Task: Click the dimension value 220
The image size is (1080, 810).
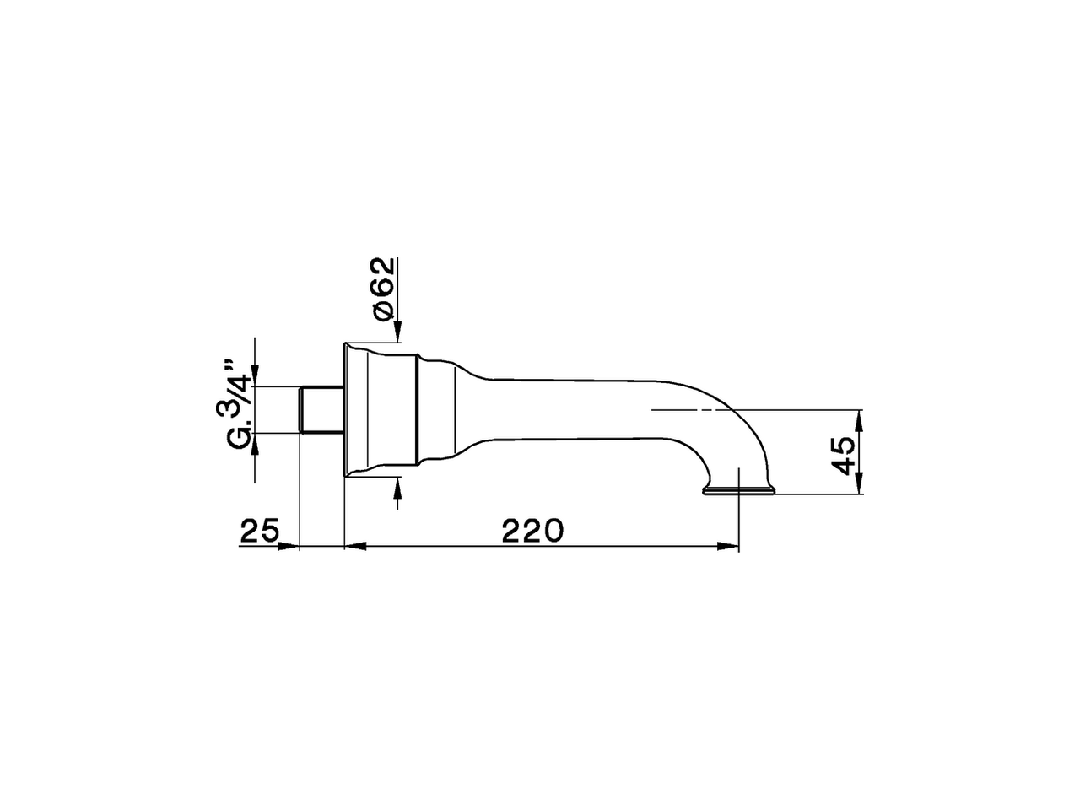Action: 532,532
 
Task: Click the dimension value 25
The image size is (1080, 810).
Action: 260,532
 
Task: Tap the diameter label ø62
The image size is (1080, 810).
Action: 382,288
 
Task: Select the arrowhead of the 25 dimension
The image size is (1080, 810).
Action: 290,547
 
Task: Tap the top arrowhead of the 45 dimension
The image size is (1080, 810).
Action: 859,418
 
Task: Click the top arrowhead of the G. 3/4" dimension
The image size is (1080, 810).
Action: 255,376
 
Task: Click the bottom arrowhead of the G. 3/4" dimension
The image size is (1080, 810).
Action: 255,443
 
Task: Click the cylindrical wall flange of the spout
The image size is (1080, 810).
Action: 381,410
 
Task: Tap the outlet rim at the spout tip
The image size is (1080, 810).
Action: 739,491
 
